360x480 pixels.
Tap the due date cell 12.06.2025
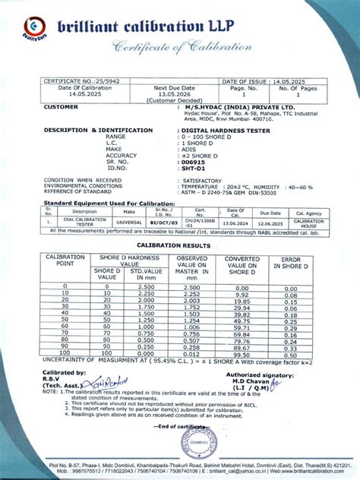(270, 222)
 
